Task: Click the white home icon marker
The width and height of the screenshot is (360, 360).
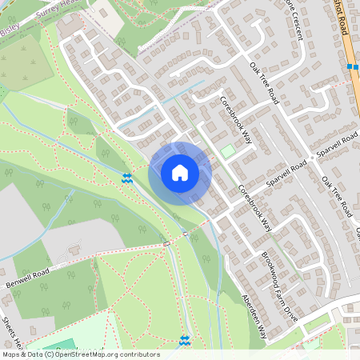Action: pos(180,173)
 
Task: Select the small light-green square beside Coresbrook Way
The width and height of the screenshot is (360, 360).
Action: pos(229,151)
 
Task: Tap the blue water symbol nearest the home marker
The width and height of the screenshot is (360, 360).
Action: pos(126,178)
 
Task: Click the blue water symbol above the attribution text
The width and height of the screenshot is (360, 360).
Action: pos(186,341)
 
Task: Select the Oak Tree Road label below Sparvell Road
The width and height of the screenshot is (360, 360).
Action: pos(337,197)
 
